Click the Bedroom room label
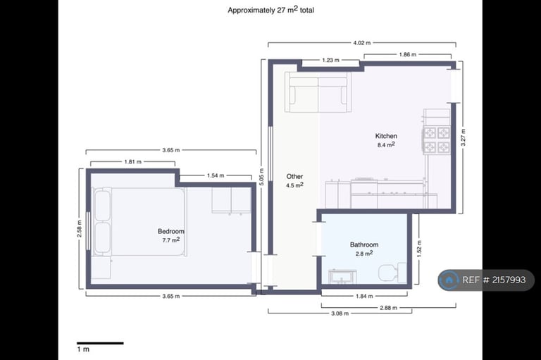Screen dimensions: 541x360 170,231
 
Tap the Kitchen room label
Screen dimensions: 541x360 386,136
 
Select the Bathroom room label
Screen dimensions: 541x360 364,244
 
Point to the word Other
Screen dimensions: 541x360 294,176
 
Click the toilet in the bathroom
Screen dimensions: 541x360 392,273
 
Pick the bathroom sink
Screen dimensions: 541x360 342,276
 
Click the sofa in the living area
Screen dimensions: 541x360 318,92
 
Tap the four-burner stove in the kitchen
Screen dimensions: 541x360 437,139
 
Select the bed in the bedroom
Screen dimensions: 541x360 139,222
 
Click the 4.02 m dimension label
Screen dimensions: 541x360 361,43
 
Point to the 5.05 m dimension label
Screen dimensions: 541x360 261,177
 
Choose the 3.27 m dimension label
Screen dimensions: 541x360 463,137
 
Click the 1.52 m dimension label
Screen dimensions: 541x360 419,249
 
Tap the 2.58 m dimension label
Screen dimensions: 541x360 80,229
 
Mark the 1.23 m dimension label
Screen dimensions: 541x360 330,60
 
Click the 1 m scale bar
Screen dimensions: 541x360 100,343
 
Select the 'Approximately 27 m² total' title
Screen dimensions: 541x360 270,10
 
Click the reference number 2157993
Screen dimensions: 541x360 509,280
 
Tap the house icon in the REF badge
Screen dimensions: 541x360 449,280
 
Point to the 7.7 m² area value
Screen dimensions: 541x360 170,240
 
